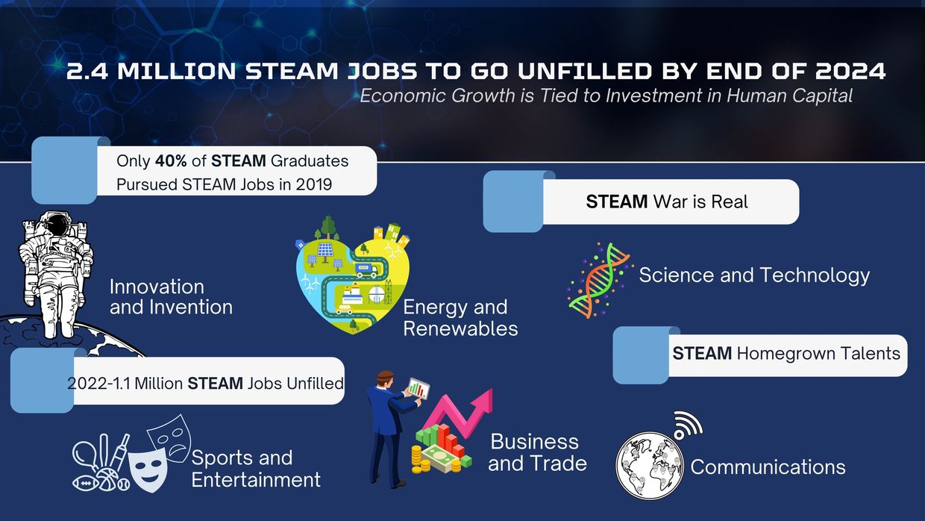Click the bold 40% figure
171,160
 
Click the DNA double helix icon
600,281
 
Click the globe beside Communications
650,466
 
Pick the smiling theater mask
148,470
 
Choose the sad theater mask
169,437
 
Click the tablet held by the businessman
418,388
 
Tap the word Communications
768,467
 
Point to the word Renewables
460,329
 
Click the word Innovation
157,287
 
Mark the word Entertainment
256,480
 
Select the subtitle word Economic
403,96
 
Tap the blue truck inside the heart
366,270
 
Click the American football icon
86,484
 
